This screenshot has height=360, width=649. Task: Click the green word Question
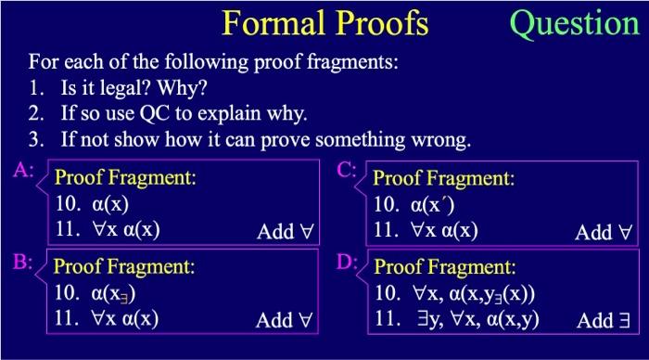[x=575, y=22]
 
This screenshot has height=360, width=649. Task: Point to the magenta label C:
[x=346, y=170]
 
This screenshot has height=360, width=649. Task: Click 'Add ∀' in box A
[x=286, y=231]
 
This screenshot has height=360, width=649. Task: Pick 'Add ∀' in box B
[x=286, y=321]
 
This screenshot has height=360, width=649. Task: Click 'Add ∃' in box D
[x=607, y=321]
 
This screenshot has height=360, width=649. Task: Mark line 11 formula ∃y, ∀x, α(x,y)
[x=478, y=321]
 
